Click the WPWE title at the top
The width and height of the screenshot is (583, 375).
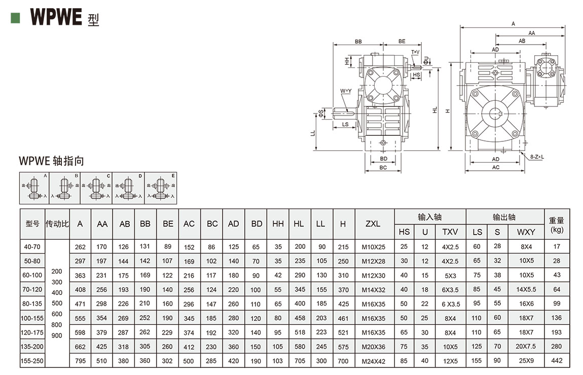(x=56, y=17)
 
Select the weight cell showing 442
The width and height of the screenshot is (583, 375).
(x=557, y=361)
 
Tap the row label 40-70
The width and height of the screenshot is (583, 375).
(x=32, y=247)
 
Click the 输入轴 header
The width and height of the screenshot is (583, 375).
(x=430, y=217)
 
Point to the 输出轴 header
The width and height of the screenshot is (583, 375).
(x=504, y=217)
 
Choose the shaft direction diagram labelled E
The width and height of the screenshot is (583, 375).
(x=160, y=188)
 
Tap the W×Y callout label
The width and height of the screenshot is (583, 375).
(x=346, y=91)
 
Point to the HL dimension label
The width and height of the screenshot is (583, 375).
(x=435, y=109)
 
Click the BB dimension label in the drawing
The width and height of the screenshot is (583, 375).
(x=358, y=41)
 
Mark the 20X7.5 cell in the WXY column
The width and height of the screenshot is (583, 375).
(x=526, y=347)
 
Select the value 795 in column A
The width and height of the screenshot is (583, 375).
(x=80, y=361)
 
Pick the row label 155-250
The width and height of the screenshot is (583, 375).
(x=32, y=361)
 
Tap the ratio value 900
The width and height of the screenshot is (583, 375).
(x=57, y=335)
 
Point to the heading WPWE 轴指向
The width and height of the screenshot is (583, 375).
(x=51, y=161)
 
